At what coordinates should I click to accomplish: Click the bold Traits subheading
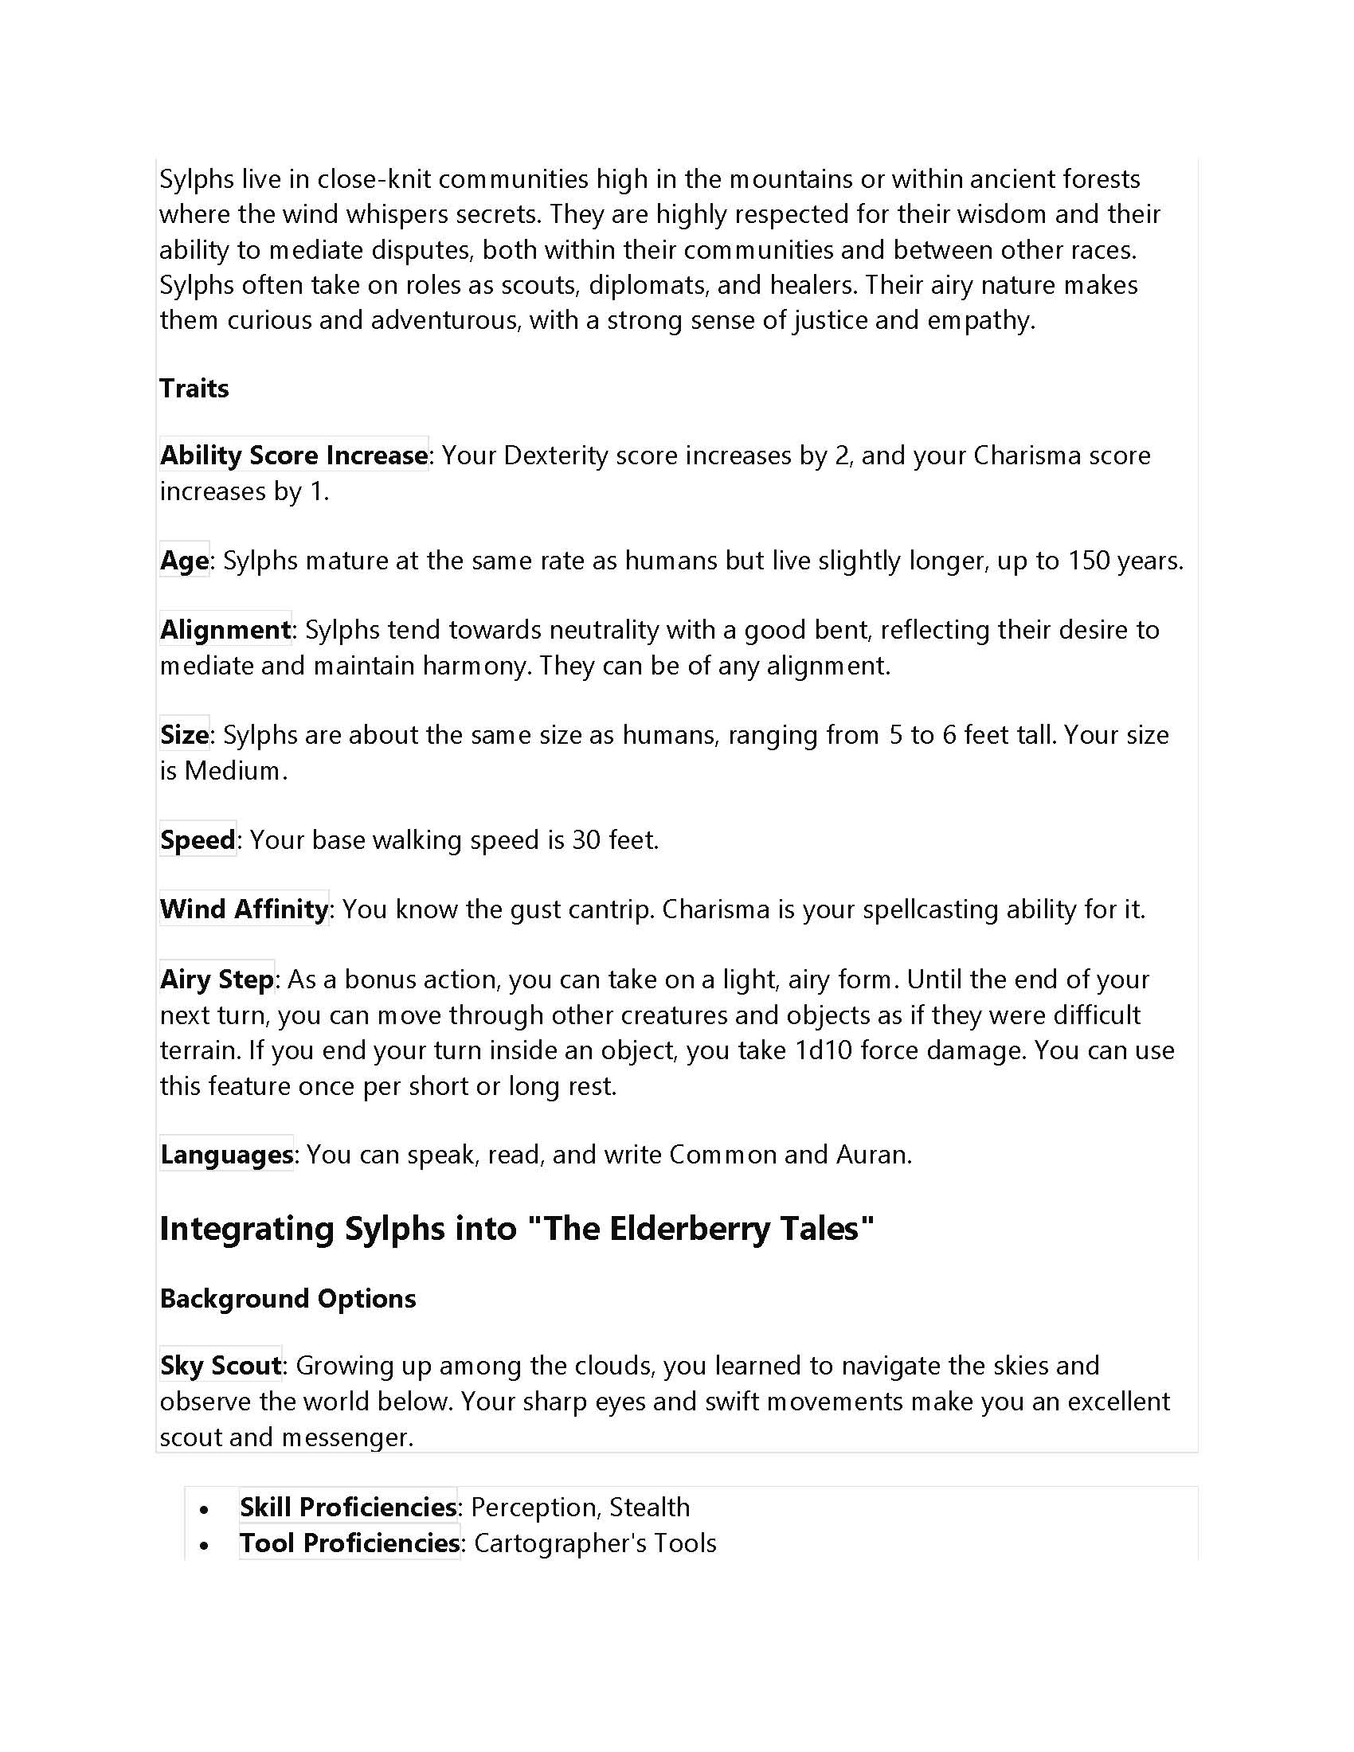194,389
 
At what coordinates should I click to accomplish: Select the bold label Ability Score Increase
294,456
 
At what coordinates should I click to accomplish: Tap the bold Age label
184,560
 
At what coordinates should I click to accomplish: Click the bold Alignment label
225,630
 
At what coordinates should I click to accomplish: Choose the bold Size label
184,735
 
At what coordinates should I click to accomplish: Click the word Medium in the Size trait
233,771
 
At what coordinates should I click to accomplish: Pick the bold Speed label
198,840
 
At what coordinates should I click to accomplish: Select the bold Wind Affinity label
244,909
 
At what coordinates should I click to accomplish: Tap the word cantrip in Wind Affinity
609,909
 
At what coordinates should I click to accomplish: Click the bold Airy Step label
217,980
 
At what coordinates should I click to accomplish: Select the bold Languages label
226,1155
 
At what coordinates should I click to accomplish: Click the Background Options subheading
288,1299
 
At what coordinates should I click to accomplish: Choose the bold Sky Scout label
221,1366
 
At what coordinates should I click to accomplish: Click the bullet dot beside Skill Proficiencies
205,1509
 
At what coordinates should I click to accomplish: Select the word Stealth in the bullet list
649,1508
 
